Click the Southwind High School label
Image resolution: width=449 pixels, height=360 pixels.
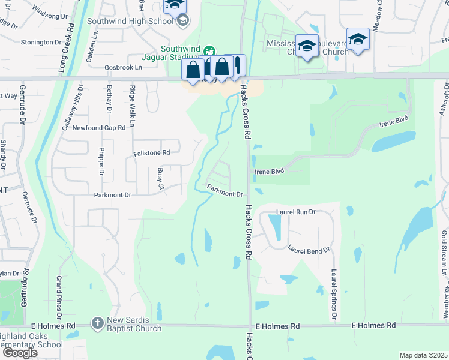pyautogui.click(x=130, y=21)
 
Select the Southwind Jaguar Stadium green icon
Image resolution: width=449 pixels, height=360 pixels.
pyautogui.click(x=209, y=50)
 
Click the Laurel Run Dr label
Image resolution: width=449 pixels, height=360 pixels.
pyautogui.click(x=295, y=212)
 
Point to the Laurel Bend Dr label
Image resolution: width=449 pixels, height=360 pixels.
pyautogui.click(x=309, y=249)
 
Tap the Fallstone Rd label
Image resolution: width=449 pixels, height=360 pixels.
pyautogui.click(x=152, y=153)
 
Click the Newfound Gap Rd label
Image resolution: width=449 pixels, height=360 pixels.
pyautogui.click(x=99, y=128)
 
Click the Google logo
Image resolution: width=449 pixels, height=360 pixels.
pyautogui.click(x=20, y=353)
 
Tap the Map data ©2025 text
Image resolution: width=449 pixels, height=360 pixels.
pyautogui.click(x=423, y=355)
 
